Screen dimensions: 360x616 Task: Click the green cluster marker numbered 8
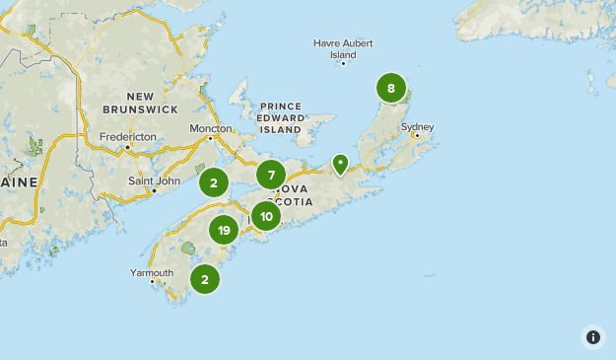pos(391,89)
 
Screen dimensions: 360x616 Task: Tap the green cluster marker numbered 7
pos(271,176)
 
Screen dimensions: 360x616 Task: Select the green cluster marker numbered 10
pos(266,216)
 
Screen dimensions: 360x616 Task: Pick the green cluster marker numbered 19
pos(224,230)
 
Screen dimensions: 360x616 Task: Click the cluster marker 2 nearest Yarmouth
pos(205,279)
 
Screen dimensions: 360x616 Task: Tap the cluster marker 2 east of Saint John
pos(214,182)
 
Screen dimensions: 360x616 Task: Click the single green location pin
pos(340,163)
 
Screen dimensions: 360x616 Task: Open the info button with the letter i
pos(593,337)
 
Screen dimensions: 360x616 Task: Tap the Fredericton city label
pos(128,136)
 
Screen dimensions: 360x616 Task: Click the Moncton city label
pos(211,128)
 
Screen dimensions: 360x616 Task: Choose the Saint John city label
pos(154,180)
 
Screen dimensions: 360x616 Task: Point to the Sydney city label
pos(417,126)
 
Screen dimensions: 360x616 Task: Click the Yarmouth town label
pos(152,272)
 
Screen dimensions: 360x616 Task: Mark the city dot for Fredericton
pos(127,148)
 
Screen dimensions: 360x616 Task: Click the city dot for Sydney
pos(417,136)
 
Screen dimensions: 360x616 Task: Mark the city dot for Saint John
pos(154,190)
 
